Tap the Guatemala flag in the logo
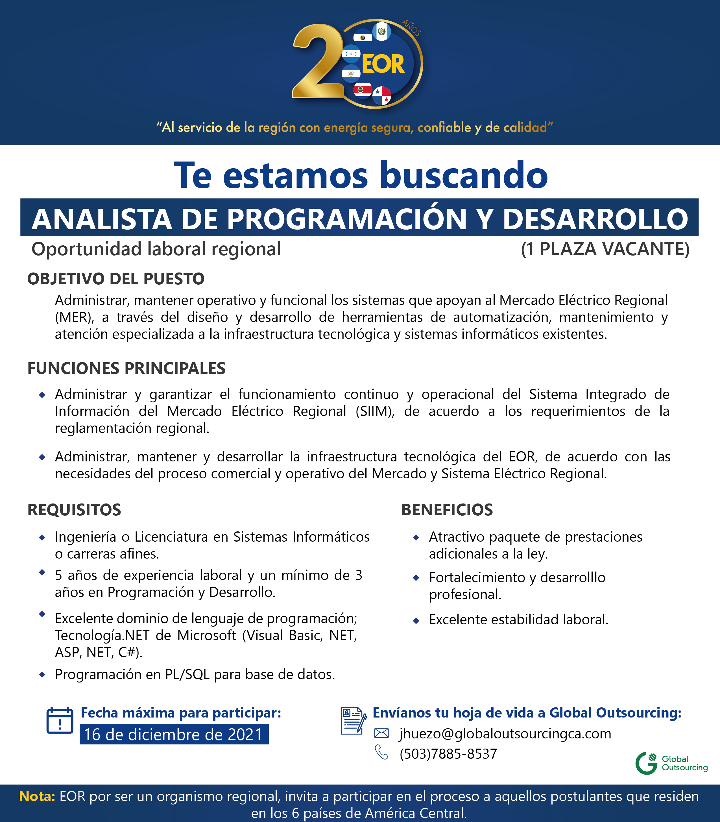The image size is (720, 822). pos(381,31)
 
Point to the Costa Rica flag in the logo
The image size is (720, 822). pos(363,90)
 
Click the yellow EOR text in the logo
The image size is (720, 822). pos(383,65)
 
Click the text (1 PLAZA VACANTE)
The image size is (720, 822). pos(605,249)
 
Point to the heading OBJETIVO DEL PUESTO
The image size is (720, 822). pos(116,279)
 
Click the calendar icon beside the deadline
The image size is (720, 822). pos(60,720)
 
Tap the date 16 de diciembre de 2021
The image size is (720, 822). pos(174,734)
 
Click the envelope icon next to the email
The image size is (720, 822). pos(381,733)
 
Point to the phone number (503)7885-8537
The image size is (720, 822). pos(448,754)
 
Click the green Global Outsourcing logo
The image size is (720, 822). pos(671,763)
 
